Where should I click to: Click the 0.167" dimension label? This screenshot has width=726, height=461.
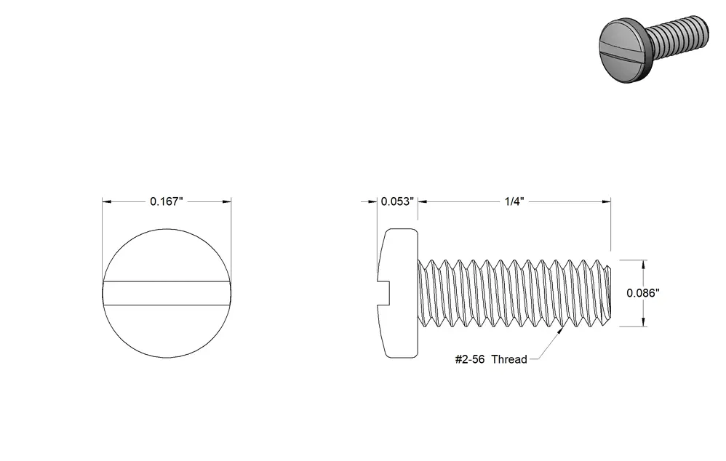[167, 201]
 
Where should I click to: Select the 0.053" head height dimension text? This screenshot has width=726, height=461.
[397, 201]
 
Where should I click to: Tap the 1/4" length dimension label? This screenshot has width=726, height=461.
[514, 201]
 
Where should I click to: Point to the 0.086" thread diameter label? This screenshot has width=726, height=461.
[643, 293]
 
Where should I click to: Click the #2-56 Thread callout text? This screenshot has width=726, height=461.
[491, 359]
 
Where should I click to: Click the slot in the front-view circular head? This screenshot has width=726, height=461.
[167, 293]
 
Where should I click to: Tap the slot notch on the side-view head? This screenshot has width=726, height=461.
[384, 293]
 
